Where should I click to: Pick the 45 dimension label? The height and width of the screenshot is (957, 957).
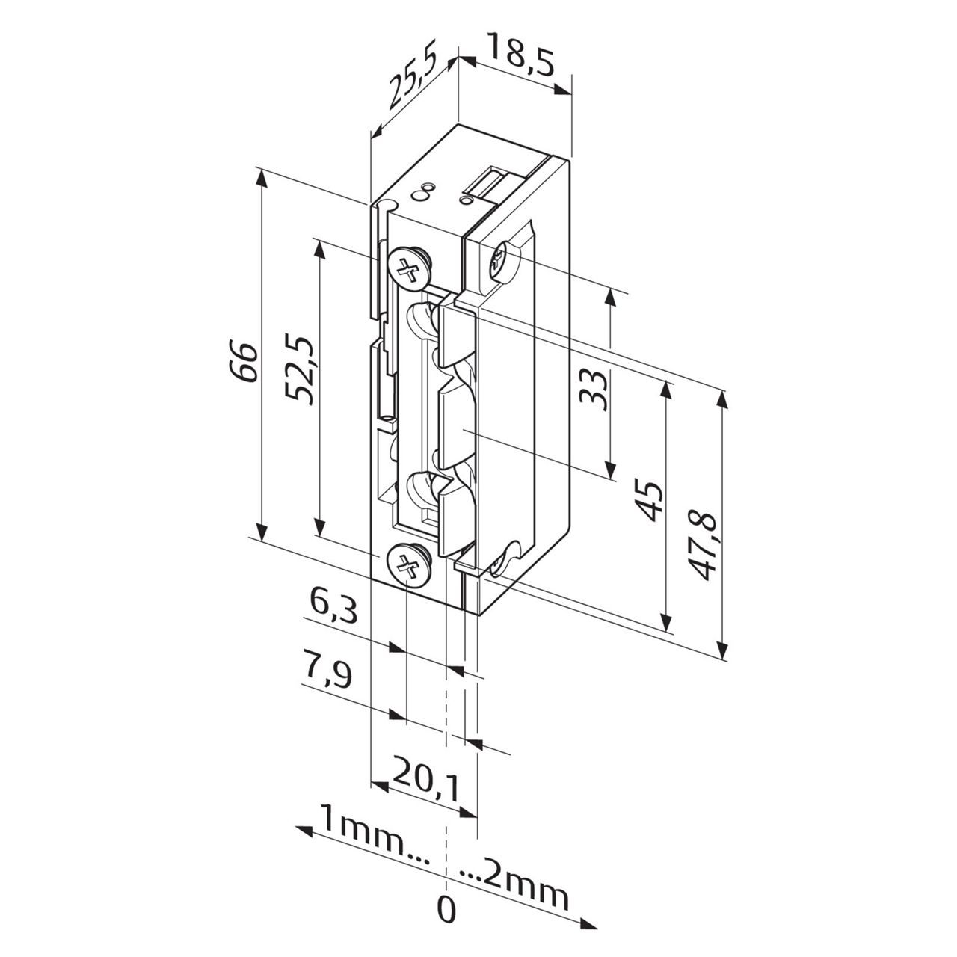click(648, 502)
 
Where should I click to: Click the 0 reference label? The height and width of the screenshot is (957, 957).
click(446, 909)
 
